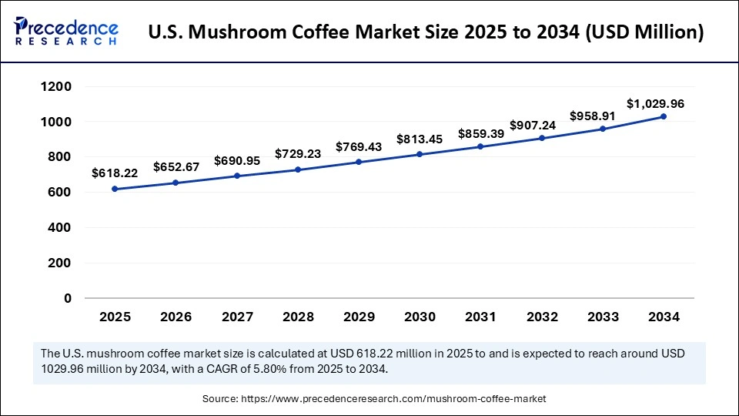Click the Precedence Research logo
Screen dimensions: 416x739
click(x=66, y=32)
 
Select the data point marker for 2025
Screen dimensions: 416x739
click(x=115, y=189)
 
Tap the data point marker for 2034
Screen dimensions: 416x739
click(x=664, y=116)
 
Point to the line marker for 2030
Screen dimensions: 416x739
click(x=420, y=154)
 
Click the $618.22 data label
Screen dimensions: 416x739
click(x=115, y=173)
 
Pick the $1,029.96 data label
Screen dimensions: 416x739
click(x=655, y=103)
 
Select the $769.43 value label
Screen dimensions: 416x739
click(x=359, y=146)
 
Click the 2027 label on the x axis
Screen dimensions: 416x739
click(x=236, y=317)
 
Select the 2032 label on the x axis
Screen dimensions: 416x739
click(x=541, y=317)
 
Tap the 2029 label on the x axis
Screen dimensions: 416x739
click(x=359, y=317)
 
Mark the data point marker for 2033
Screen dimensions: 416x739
click(x=603, y=129)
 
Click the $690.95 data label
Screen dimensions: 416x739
click(x=236, y=159)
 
